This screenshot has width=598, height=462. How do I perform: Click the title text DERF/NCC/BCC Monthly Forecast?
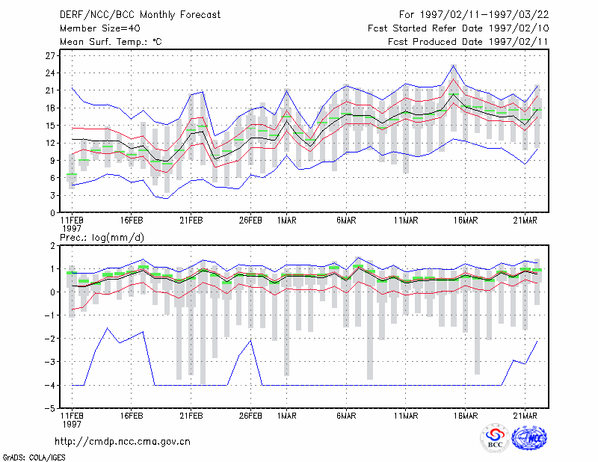[x=140, y=15]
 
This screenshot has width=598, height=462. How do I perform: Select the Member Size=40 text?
[x=100, y=28]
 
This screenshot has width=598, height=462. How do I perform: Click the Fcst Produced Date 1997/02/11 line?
[x=468, y=42]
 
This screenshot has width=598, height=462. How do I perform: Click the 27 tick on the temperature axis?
[x=50, y=56]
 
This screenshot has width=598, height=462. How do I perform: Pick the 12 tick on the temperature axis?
[x=50, y=143]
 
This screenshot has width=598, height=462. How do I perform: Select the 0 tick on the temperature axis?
[x=52, y=213]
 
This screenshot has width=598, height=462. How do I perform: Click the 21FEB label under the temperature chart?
[x=191, y=221]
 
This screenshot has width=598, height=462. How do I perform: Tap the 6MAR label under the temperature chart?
[x=346, y=221]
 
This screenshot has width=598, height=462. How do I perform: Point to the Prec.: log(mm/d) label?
[x=102, y=238]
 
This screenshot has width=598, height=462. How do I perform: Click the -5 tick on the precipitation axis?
[x=50, y=409]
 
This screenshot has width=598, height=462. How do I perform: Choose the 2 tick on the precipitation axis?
[x=52, y=246]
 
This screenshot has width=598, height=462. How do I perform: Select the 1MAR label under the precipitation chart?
[x=287, y=416]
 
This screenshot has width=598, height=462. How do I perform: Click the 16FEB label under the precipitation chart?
[x=132, y=416]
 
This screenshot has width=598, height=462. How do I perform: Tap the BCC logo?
[x=495, y=438]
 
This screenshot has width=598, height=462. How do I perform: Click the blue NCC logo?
[x=529, y=438]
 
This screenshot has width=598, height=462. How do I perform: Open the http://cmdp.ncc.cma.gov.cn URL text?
[x=123, y=442]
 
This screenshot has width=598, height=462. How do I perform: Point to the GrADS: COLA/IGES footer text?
[x=34, y=458]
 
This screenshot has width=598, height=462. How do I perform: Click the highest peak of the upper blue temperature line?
[x=453, y=65]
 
